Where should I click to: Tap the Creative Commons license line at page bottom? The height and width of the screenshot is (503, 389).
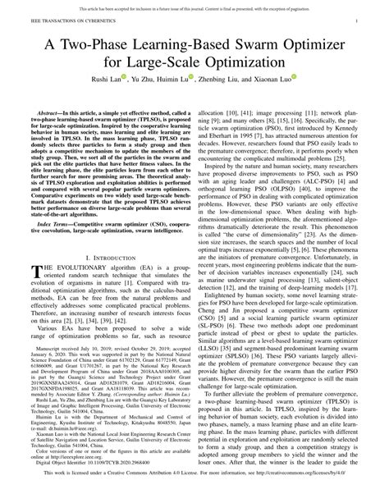click(194, 496)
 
